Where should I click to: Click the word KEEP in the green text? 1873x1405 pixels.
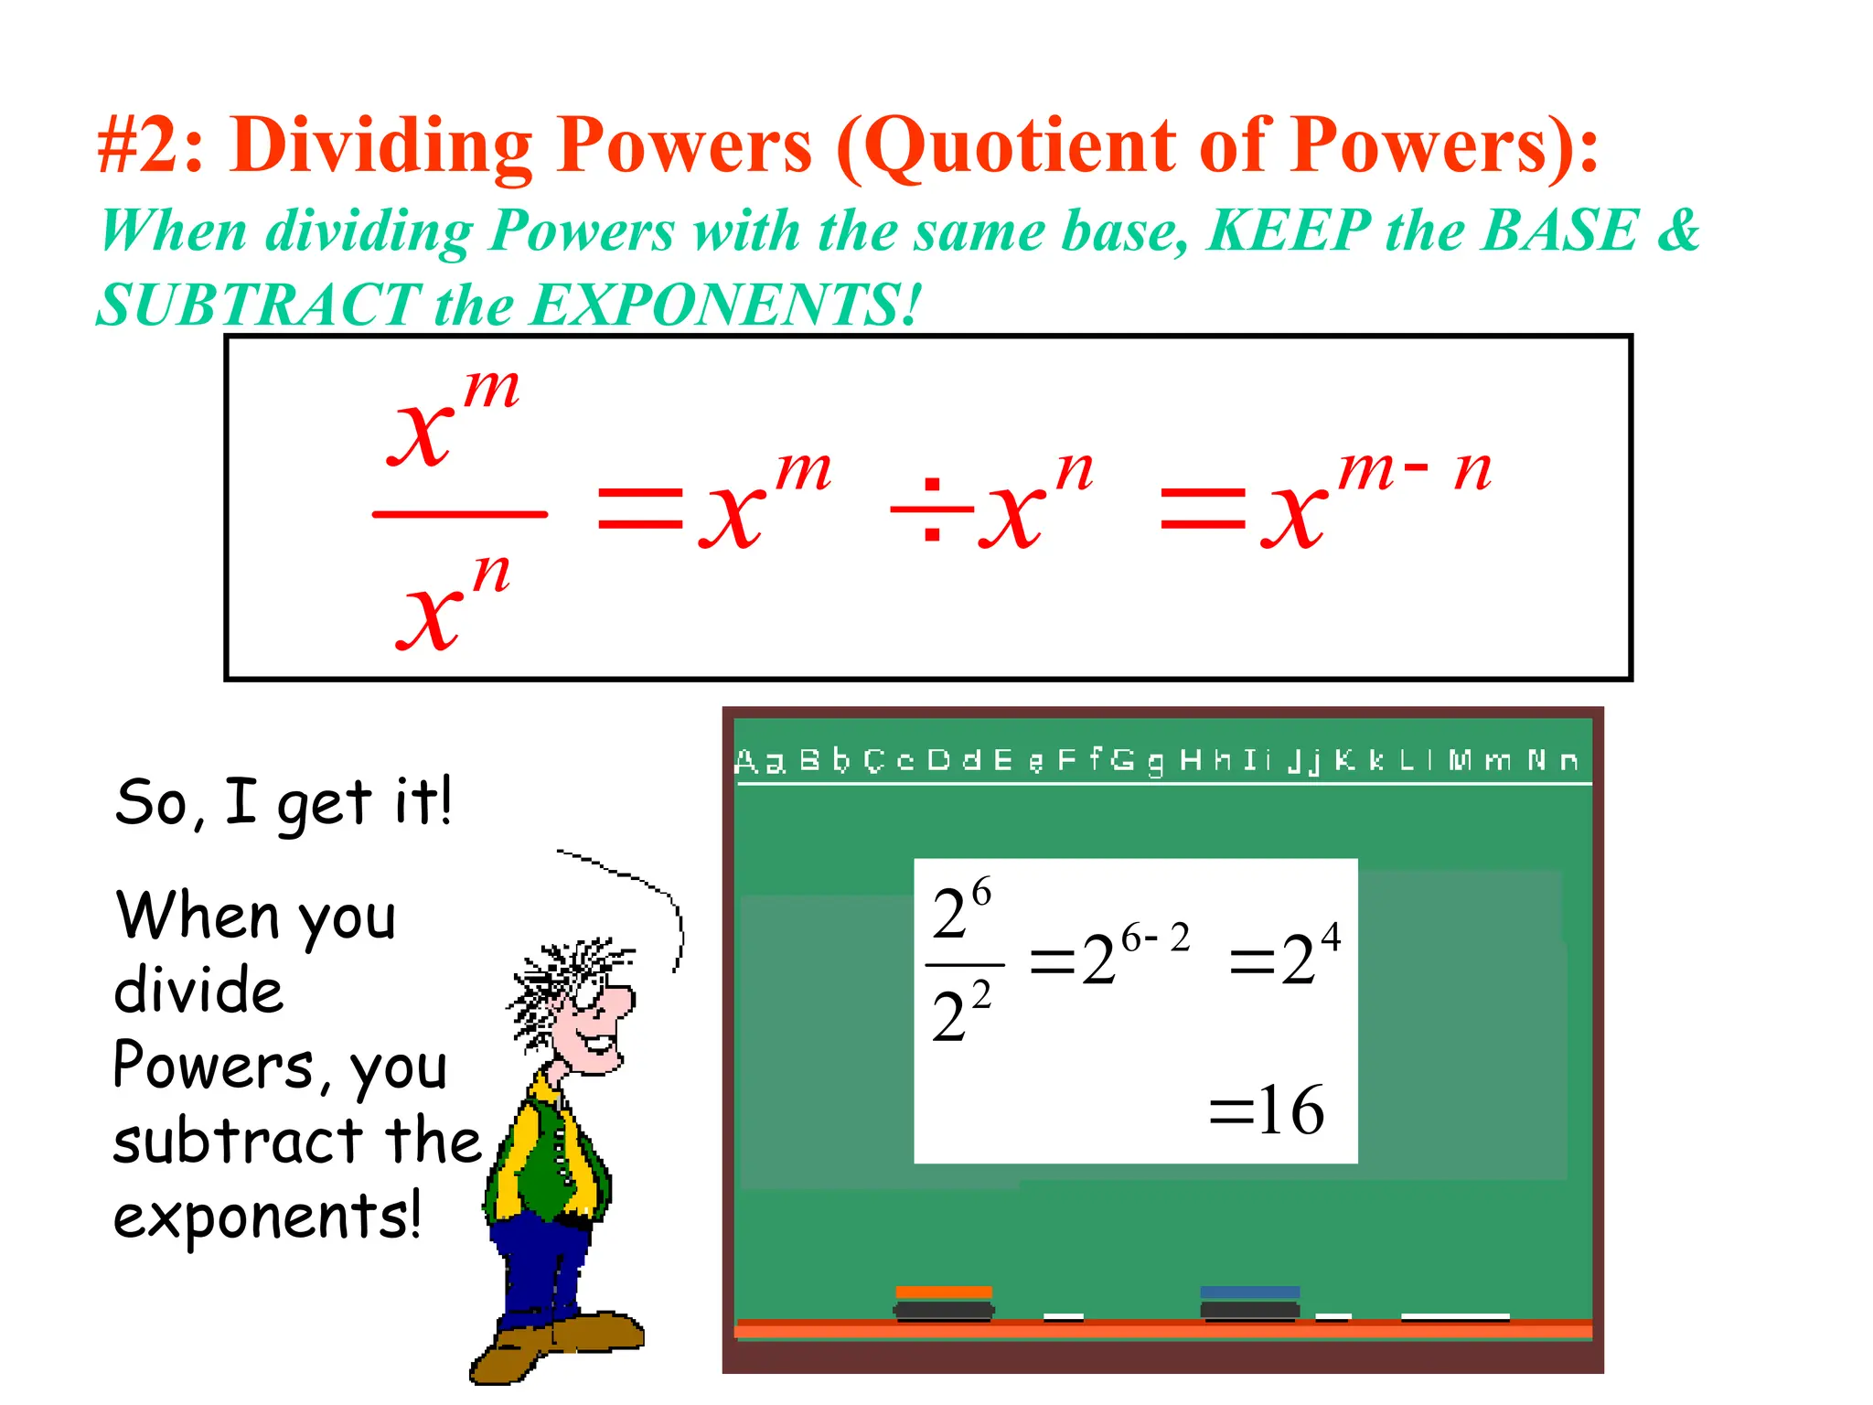1290,231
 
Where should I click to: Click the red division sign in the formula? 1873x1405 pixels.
932,509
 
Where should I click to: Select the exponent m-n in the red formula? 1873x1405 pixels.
1414,470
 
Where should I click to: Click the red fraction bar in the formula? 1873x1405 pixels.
459,514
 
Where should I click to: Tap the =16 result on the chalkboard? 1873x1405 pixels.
1267,1110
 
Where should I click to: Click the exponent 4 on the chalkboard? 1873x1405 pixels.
1331,937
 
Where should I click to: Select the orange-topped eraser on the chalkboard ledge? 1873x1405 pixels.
944,1303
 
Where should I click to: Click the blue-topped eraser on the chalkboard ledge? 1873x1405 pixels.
1249,1303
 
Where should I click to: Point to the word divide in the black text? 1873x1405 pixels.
198,991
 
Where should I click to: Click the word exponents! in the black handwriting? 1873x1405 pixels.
267,1217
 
